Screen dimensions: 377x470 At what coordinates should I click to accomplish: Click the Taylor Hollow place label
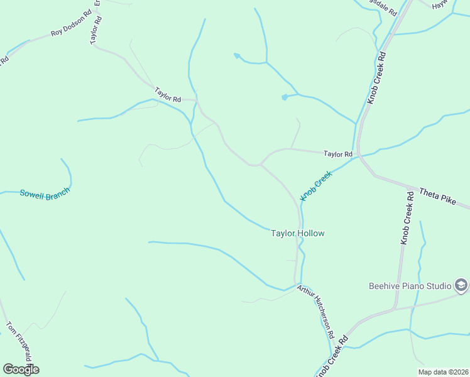coord(297,233)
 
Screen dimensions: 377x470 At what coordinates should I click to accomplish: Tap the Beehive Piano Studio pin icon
coord(461,285)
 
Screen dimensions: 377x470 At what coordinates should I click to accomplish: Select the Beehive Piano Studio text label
coord(410,286)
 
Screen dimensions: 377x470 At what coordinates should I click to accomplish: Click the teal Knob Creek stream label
coord(315,187)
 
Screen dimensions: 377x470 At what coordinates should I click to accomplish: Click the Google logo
coord(21,369)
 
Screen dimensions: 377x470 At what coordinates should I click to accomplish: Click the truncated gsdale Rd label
coord(385,8)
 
